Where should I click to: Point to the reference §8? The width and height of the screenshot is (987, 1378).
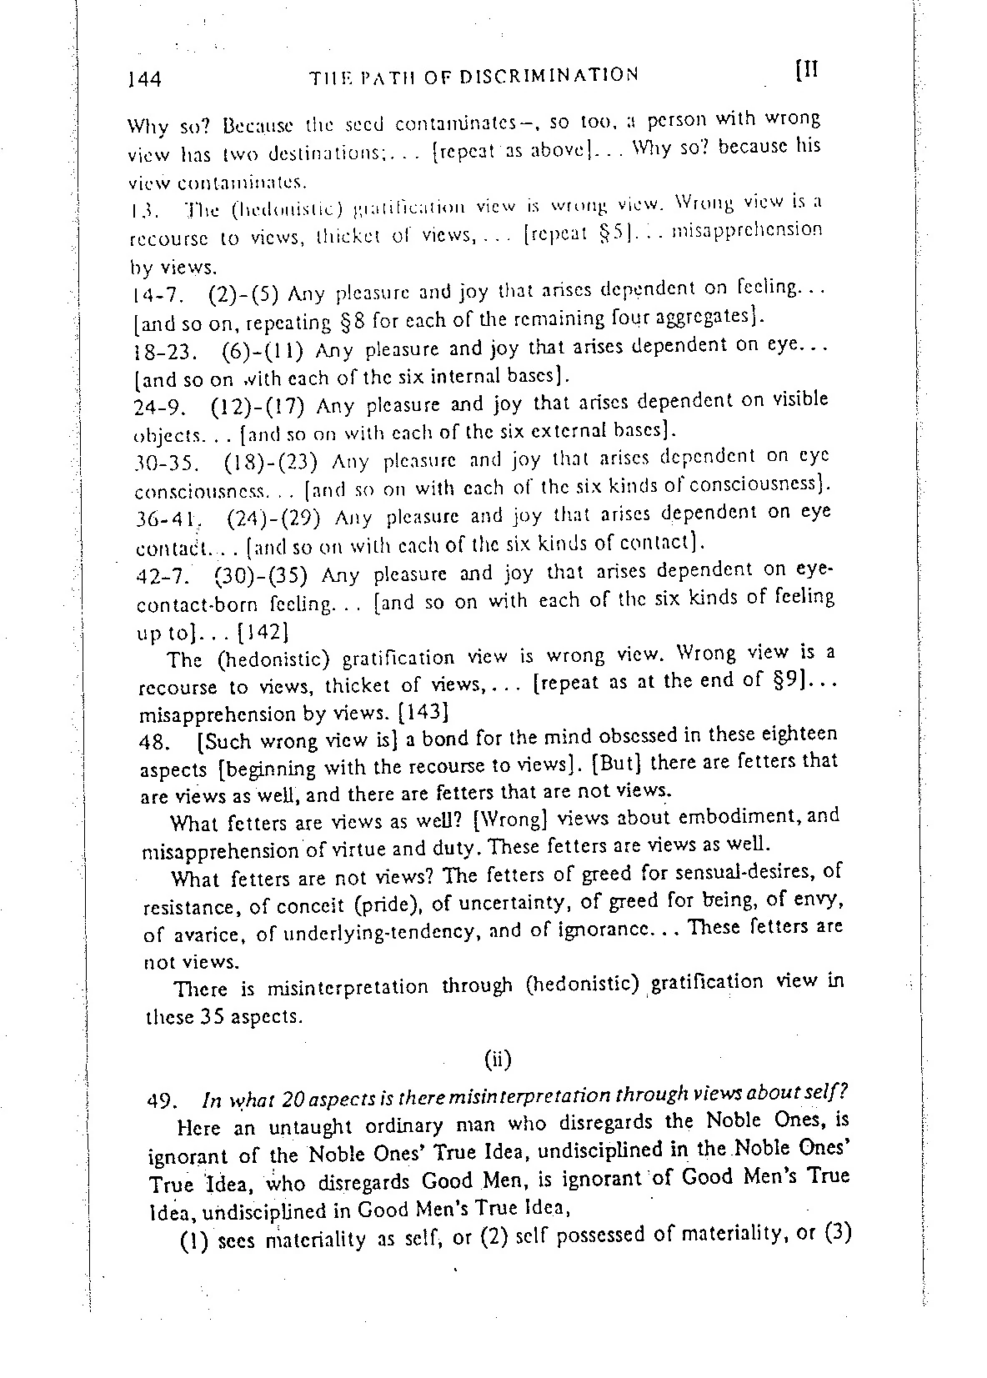[353, 320]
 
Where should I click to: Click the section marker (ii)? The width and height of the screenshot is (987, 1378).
[497, 1060]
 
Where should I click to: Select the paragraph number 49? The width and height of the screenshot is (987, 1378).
[159, 1100]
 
